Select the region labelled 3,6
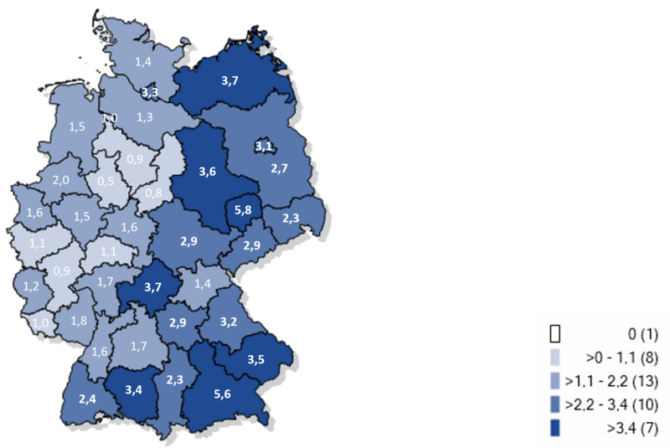[x=207, y=173]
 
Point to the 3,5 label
[x=256, y=359]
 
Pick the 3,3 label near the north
[x=151, y=92]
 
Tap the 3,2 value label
[x=228, y=321]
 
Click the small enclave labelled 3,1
[x=264, y=147]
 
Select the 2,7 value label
[x=280, y=168]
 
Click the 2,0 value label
[x=60, y=180]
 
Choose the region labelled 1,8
[x=79, y=320]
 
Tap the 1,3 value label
[x=144, y=116]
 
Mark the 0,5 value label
[x=106, y=181]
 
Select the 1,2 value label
[x=32, y=285]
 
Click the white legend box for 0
[x=554, y=333]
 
